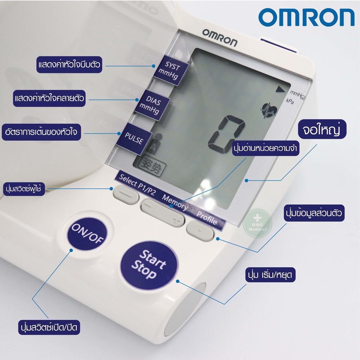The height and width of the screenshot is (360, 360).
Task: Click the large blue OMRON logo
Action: (x=307, y=18)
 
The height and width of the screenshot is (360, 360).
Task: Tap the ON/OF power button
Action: (x=87, y=234)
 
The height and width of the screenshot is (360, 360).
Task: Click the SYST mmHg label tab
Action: (x=171, y=70)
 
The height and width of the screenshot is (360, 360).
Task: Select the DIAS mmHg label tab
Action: (x=152, y=105)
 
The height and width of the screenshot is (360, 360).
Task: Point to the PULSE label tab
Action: (x=134, y=139)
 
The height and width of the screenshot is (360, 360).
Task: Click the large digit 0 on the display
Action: (x=226, y=134)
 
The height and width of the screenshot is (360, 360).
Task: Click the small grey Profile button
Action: (x=200, y=231)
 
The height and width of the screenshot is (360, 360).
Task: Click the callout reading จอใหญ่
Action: (x=322, y=129)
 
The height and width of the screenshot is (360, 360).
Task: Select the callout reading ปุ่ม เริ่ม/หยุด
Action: (x=270, y=275)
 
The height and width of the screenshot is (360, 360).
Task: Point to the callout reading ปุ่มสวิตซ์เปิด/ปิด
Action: (x=49, y=327)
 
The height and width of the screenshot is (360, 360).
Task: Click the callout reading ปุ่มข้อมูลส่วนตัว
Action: (x=314, y=213)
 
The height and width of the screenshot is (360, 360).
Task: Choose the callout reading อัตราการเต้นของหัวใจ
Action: (x=41, y=132)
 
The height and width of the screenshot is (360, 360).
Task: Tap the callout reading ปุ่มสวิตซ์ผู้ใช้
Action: (x=24, y=189)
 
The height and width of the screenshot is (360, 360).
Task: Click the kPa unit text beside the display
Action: (x=290, y=101)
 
